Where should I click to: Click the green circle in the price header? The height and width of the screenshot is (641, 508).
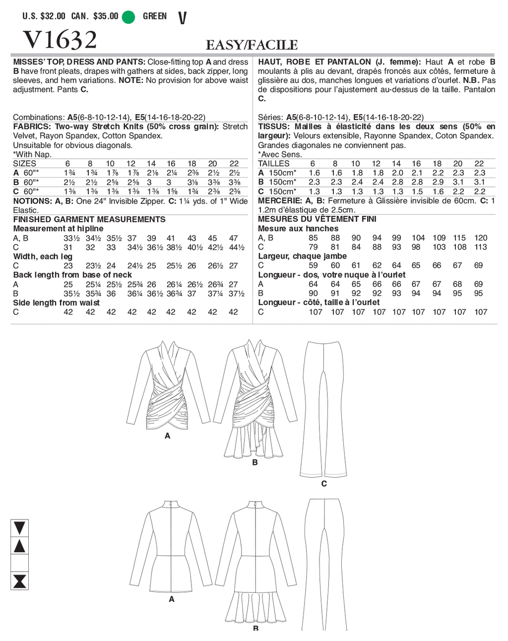click(128, 16)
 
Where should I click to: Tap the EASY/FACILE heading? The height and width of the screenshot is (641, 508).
click(252, 45)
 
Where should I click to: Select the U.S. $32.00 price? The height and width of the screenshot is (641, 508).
click(44, 16)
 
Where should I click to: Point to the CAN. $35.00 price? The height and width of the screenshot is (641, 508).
click(95, 16)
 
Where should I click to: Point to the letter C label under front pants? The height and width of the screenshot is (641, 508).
click(324, 483)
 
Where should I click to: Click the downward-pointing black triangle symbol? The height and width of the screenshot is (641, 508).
click(19, 528)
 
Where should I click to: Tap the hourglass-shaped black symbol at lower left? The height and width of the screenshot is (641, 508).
click(19, 580)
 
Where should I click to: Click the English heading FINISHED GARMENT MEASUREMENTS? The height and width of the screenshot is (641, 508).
click(89, 219)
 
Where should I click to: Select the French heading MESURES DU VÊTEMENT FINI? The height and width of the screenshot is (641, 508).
click(317, 219)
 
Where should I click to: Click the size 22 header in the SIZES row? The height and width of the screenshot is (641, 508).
click(234, 164)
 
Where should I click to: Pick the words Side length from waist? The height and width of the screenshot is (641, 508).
click(57, 303)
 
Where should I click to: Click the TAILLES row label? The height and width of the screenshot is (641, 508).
click(273, 164)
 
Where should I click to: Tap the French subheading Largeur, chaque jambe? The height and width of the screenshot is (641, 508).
click(302, 256)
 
